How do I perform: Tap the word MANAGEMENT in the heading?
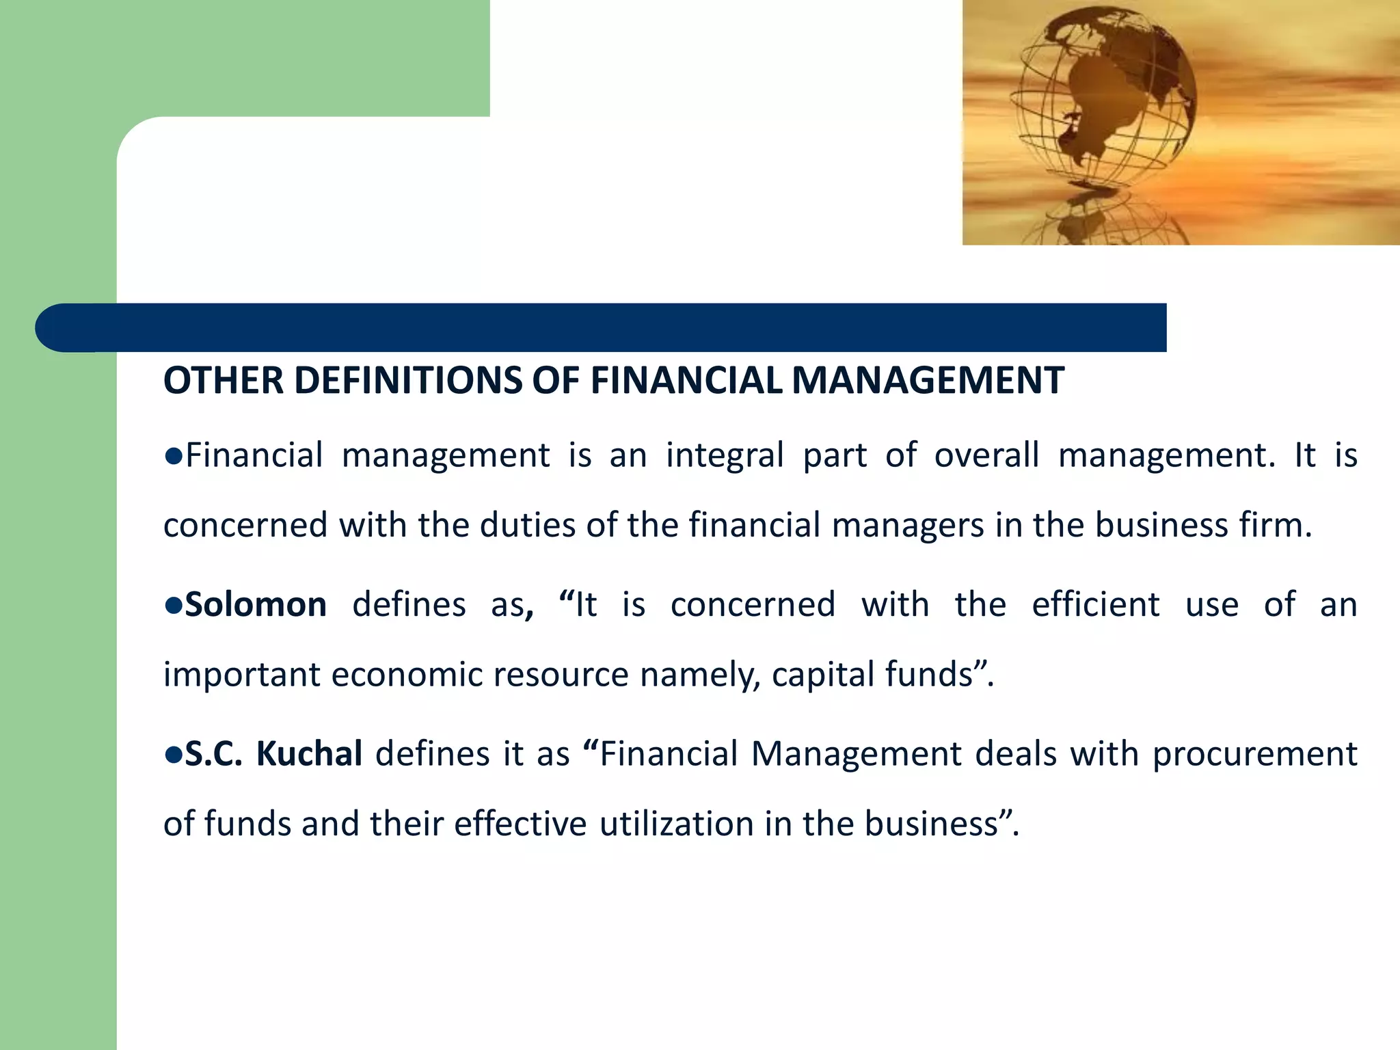pyautogui.click(x=928, y=381)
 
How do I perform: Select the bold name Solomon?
pyautogui.click(x=256, y=605)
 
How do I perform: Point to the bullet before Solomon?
pyautogui.click(x=173, y=606)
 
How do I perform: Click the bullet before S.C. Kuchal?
pyautogui.click(x=173, y=755)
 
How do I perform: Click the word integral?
pyautogui.click(x=725, y=456)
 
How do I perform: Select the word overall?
pyautogui.click(x=986, y=456)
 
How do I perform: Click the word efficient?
pyautogui.click(x=1095, y=605)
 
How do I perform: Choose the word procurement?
pyautogui.click(x=1254, y=755)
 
